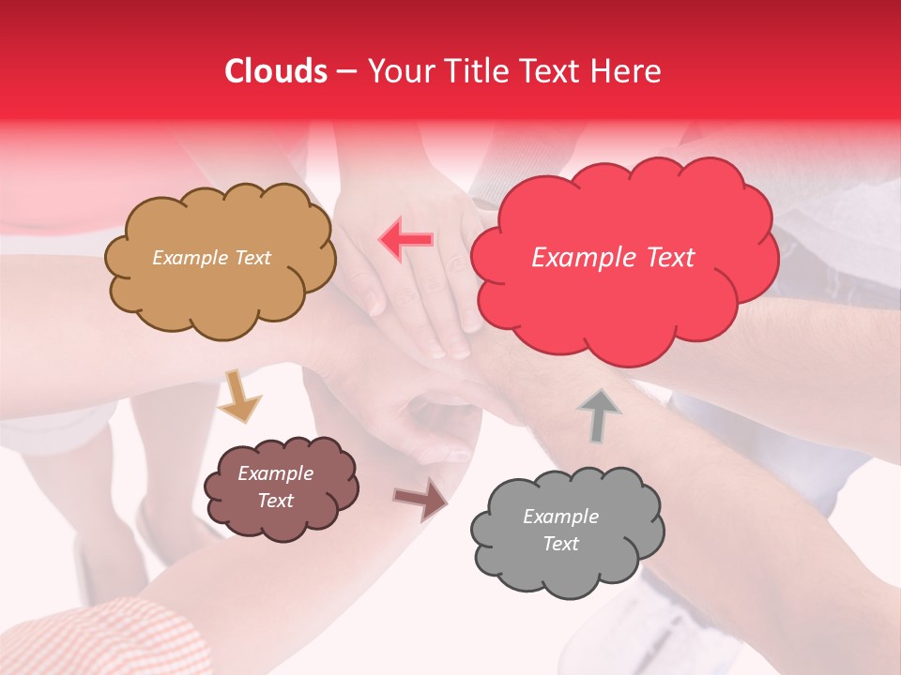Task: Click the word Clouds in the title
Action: click(276, 71)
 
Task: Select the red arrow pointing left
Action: click(406, 239)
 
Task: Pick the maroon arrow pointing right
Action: click(420, 499)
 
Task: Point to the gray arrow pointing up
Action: click(600, 416)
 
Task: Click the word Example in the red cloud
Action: click(587, 258)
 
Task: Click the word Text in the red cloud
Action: click(671, 258)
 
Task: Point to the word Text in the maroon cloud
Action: click(276, 501)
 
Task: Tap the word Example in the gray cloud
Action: click(560, 517)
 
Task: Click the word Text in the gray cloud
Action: click(560, 544)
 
